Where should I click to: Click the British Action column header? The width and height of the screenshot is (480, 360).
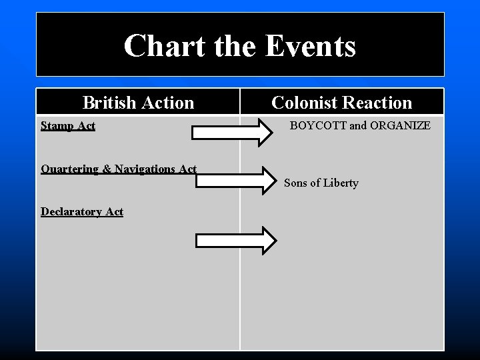click(x=138, y=103)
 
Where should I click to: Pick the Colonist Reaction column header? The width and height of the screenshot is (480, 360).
click(x=342, y=103)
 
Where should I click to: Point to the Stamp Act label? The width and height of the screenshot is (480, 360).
click(x=68, y=125)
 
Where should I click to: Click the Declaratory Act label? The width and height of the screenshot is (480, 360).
click(x=82, y=211)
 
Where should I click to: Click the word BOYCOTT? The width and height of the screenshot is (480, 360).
click(x=315, y=125)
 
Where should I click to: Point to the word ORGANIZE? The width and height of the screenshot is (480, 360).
click(x=397, y=125)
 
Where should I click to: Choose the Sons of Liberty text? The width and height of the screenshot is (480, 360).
click(x=321, y=183)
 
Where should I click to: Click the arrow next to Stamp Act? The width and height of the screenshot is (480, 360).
click(x=232, y=133)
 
